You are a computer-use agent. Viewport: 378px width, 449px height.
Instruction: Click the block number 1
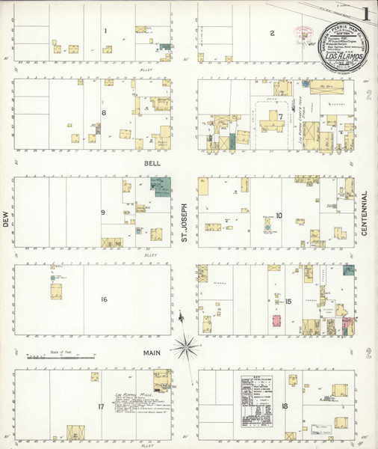click(106, 31)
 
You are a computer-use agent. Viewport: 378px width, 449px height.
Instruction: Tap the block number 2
click(273, 33)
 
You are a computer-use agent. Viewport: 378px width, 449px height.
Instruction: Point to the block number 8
click(105, 113)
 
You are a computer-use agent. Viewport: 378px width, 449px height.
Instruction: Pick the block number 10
click(279, 216)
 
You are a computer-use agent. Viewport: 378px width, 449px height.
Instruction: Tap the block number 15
click(288, 302)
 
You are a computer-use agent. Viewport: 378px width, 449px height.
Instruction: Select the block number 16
click(104, 299)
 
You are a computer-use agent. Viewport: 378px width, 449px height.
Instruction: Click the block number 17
click(101, 407)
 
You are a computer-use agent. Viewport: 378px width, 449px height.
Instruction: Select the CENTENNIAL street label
click(365, 214)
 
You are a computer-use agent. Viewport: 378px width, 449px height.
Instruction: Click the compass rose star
click(187, 346)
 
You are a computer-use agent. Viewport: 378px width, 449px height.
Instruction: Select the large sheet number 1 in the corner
click(365, 13)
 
